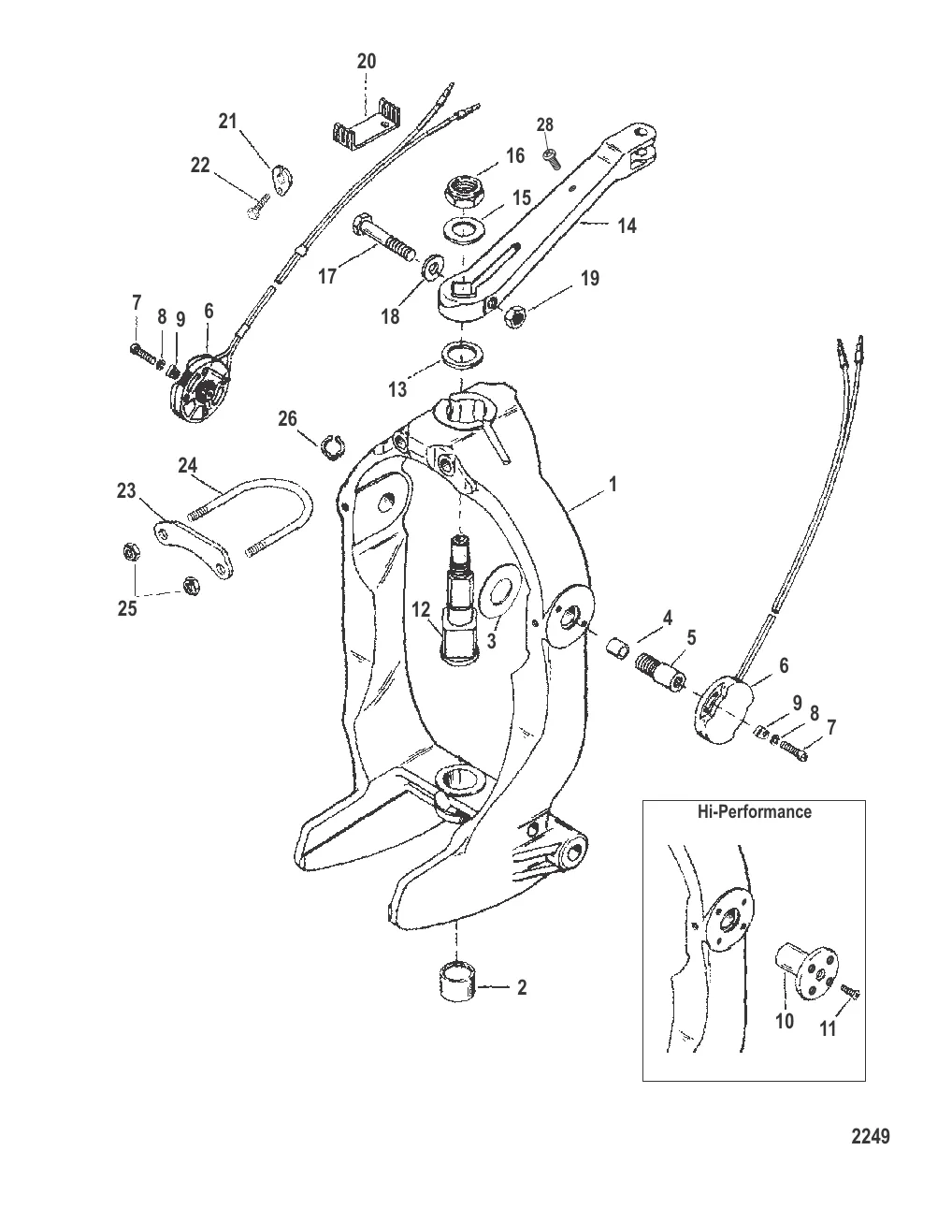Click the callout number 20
pyautogui.click(x=367, y=62)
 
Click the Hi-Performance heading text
pyautogui.click(x=755, y=811)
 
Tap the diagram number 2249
pyautogui.click(x=870, y=1137)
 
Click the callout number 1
pyautogui.click(x=613, y=486)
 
